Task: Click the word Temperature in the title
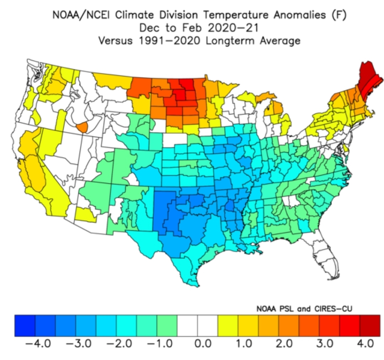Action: point(236,15)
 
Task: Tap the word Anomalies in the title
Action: point(299,15)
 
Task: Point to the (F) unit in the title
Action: point(339,15)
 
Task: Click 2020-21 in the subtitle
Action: point(233,28)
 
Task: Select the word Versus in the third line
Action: point(115,41)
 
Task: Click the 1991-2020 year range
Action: point(169,41)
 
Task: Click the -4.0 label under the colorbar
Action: point(38,344)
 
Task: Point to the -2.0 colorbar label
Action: point(119,344)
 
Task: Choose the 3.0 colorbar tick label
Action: point(325,344)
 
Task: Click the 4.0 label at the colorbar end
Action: point(365,344)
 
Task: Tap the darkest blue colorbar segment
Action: point(25,326)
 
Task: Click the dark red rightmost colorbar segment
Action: point(370,326)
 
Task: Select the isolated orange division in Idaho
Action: point(82,127)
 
